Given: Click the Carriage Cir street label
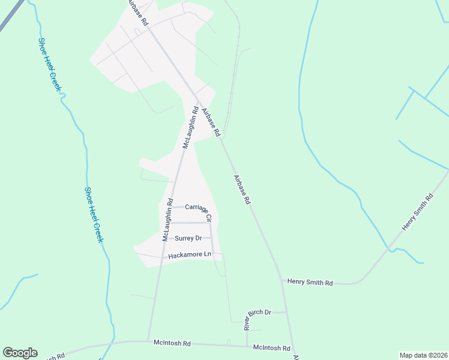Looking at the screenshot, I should (199, 209).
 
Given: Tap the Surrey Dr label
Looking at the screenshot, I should (188, 238).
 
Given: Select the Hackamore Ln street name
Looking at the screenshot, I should (190, 255).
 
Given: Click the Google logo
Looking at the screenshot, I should (20, 353).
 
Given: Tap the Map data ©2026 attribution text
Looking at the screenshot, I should (423, 355).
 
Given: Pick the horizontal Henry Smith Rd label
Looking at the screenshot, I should (310, 281).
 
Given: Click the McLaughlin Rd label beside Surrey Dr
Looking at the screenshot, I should (167, 220).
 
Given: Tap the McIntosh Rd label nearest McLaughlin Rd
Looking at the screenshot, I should (171, 344).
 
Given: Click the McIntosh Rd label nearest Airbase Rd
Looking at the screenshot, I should (271, 347).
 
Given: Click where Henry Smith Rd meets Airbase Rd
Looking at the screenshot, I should (280, 280).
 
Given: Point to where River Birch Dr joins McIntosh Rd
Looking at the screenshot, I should (247, 346).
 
